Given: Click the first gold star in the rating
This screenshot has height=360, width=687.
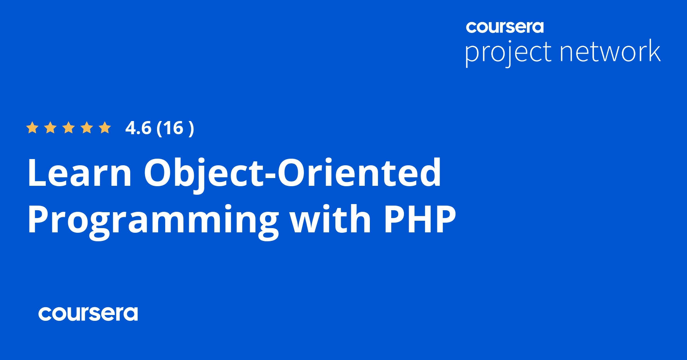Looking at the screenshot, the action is (32, 128).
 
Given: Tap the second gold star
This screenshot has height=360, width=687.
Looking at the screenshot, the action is (50, 128).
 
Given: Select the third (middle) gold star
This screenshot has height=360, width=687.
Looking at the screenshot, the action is (69, 128).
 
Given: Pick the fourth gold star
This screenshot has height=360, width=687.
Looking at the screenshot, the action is (87, 128).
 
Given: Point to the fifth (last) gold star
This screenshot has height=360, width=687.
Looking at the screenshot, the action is (105, 128).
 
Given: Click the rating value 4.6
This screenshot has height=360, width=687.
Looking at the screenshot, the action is (138, 128).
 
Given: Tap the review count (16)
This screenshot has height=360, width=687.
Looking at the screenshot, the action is (175, 128).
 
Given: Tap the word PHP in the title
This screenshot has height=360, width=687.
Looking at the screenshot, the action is (419, 219).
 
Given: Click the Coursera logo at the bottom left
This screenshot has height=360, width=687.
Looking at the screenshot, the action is (88, 313).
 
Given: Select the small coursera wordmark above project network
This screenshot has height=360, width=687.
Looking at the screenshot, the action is (505, 27).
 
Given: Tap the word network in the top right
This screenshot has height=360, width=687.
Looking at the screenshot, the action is (610, 51).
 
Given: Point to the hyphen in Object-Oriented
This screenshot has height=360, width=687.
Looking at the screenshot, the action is (270, 175).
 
